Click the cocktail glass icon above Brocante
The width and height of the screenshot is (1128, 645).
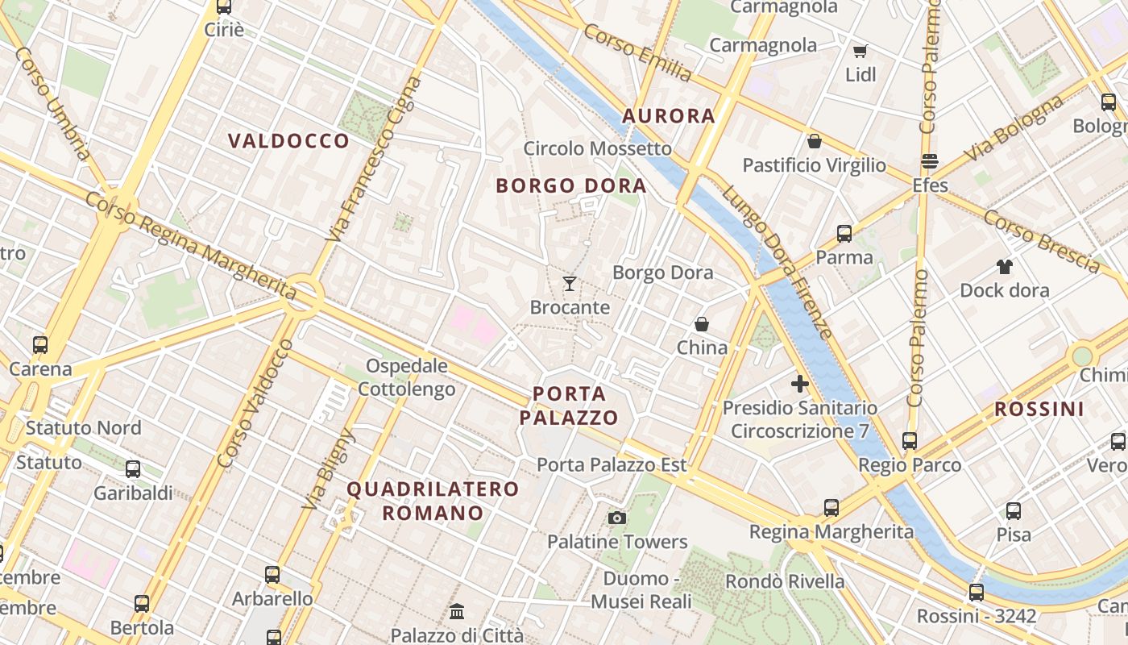pyautogui.click(x=570, y=283)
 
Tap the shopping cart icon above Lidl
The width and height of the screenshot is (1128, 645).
pyautogui.click(x=861, y=52)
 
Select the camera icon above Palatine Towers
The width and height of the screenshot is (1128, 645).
pyautogui.click(x=617, y=518)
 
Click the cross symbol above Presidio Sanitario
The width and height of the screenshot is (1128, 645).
pyautogui.click(x=799, y=384)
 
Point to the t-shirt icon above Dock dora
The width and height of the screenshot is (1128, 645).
pyautogui.click(x=1004, y=266)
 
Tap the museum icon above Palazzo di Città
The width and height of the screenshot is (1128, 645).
pyautogui.click(x=457, y=611)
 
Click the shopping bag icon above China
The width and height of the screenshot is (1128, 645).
pyautogui.click(x=702, y=324)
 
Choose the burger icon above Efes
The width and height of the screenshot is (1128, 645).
pyautogui.click(x=930, y=161)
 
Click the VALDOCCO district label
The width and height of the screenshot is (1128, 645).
pyautogui.click(x=288, y=141)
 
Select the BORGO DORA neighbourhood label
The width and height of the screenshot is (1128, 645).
pyautogui.click(x=571, y=185)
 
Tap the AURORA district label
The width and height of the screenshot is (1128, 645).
pyautogui.click(x=669, y=116)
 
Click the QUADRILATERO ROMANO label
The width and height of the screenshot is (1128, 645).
pyautogui.click(x=433, y=501)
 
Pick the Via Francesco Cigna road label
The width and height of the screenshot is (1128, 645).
pyautogui.click(x=374, y=159)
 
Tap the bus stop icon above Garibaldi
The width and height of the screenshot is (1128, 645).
pyautogui.click(x=133, y=469)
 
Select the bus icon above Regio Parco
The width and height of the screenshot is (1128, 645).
pyautogui.click(x=910, y=441)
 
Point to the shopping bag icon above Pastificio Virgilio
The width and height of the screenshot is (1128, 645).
pyautogui.click(x=815, y=141)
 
